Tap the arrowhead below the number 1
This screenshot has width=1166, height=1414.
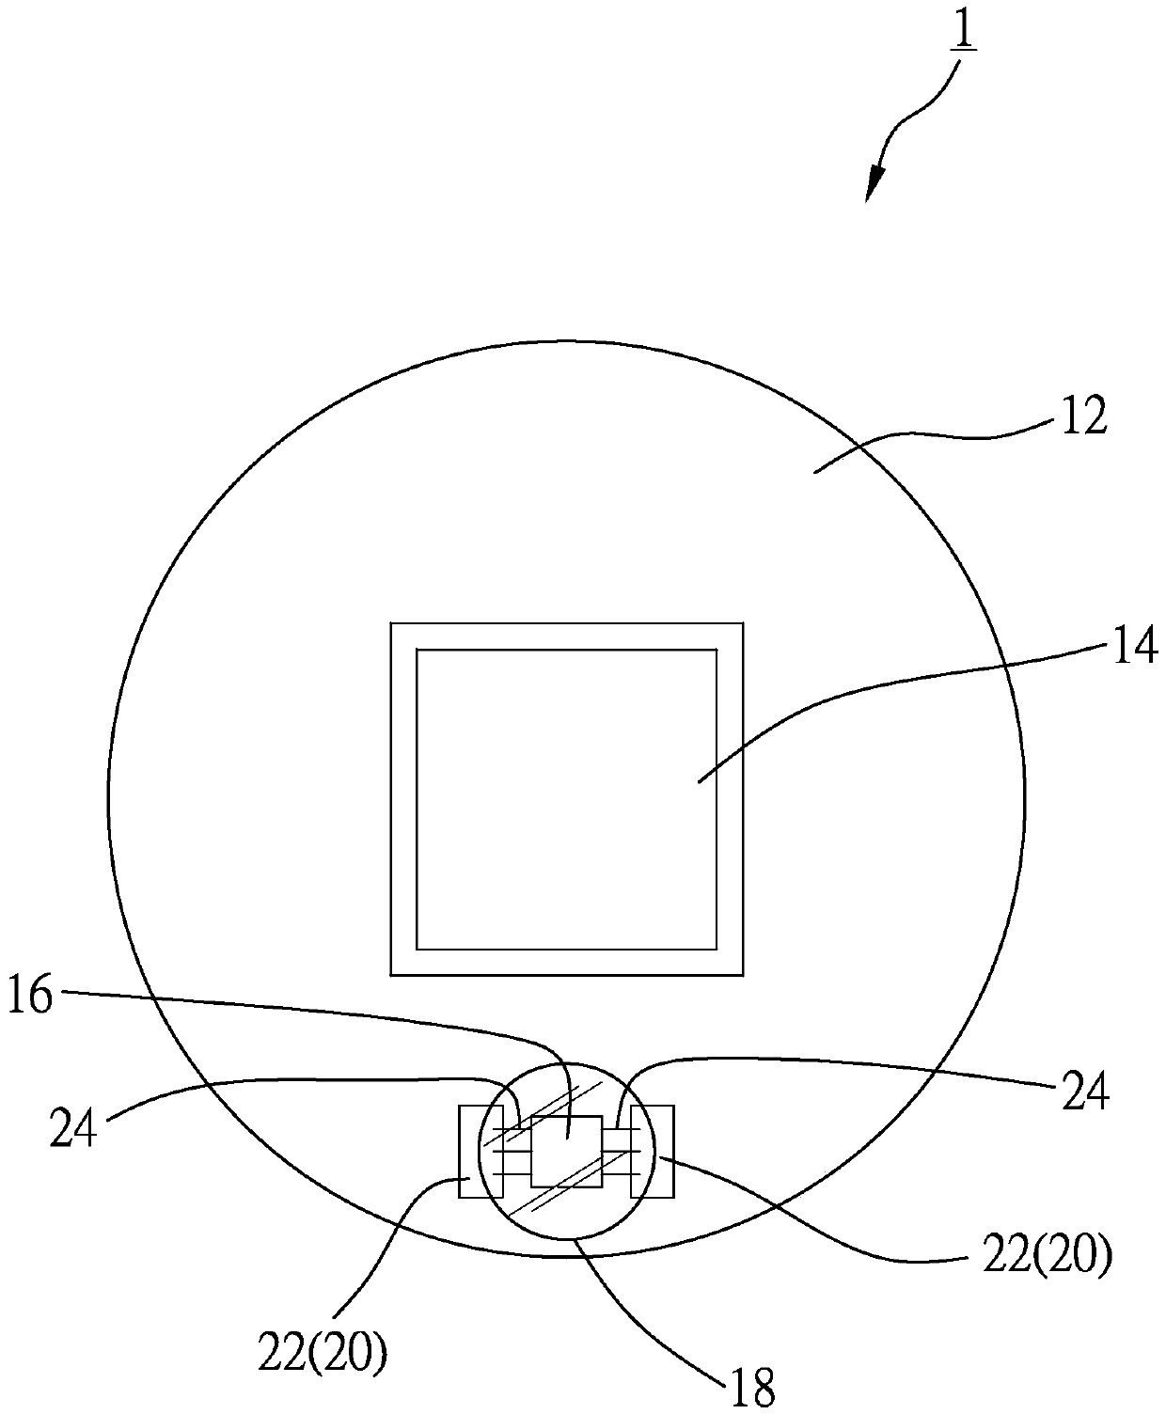pyautogui.click(x=876, y=181)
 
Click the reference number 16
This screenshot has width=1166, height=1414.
pyautogui.click(x=31, y=996)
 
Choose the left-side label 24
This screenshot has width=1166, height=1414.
pyautogui.click(x=73, y=1128)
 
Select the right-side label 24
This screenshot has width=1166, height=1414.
pyautogui.click(x=1085, y=1092)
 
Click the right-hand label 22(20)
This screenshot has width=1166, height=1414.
pyautogui.click(x=1047, y=1256)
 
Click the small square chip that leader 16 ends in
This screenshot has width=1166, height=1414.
pyautogui.click(x=566, y=1152)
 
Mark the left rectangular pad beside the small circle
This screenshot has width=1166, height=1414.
pyautogui.click(x=468, y=1152)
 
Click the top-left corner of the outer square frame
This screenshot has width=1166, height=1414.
pyautogui.click(x=391, y=622)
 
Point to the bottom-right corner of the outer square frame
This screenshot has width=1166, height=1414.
pyautogui.click(x=743, y=975)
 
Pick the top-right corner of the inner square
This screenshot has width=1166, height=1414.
pyautogui.click(x=717, y=650)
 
